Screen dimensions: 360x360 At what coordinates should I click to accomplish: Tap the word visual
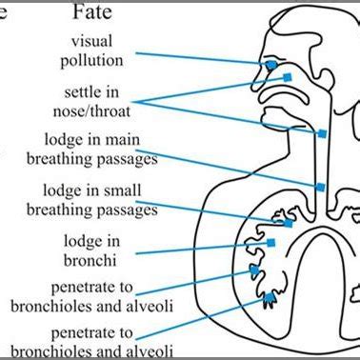tap(96, 41)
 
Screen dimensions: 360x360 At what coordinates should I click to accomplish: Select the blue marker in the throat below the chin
tap(323, 134)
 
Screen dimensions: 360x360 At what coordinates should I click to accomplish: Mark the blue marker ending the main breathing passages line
tap(321, 187)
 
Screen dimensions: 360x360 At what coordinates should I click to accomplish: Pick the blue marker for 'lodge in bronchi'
tap(270, 243)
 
